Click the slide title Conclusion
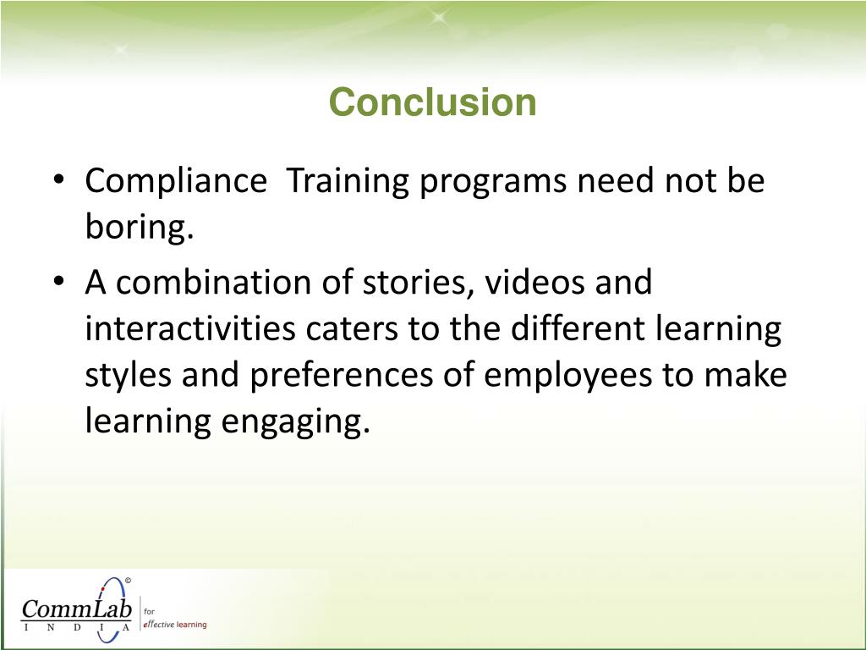coord(432,102)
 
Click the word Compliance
coord(175,181)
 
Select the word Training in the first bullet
coord(346,181)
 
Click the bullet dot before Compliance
coord(59,182)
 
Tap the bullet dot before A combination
coord(59,283)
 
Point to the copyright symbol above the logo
coord(128,580)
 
